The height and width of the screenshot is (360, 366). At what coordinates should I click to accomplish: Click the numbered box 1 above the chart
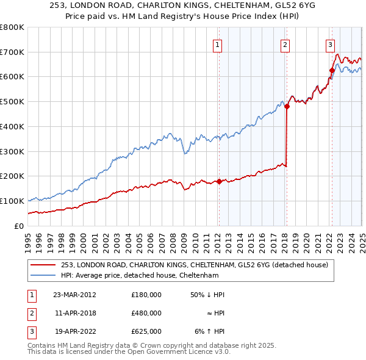218,44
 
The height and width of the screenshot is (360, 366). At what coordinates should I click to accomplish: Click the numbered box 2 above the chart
285,44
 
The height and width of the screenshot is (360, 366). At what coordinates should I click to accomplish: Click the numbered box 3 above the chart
330,44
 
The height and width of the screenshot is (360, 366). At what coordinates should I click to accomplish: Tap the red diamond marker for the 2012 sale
218,181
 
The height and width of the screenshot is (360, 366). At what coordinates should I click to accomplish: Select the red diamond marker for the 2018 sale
286,106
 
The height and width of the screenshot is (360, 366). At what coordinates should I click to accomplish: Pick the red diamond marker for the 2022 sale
332,70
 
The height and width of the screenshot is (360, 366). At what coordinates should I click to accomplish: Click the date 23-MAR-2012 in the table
74,294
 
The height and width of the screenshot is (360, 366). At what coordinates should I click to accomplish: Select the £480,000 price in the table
146,313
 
